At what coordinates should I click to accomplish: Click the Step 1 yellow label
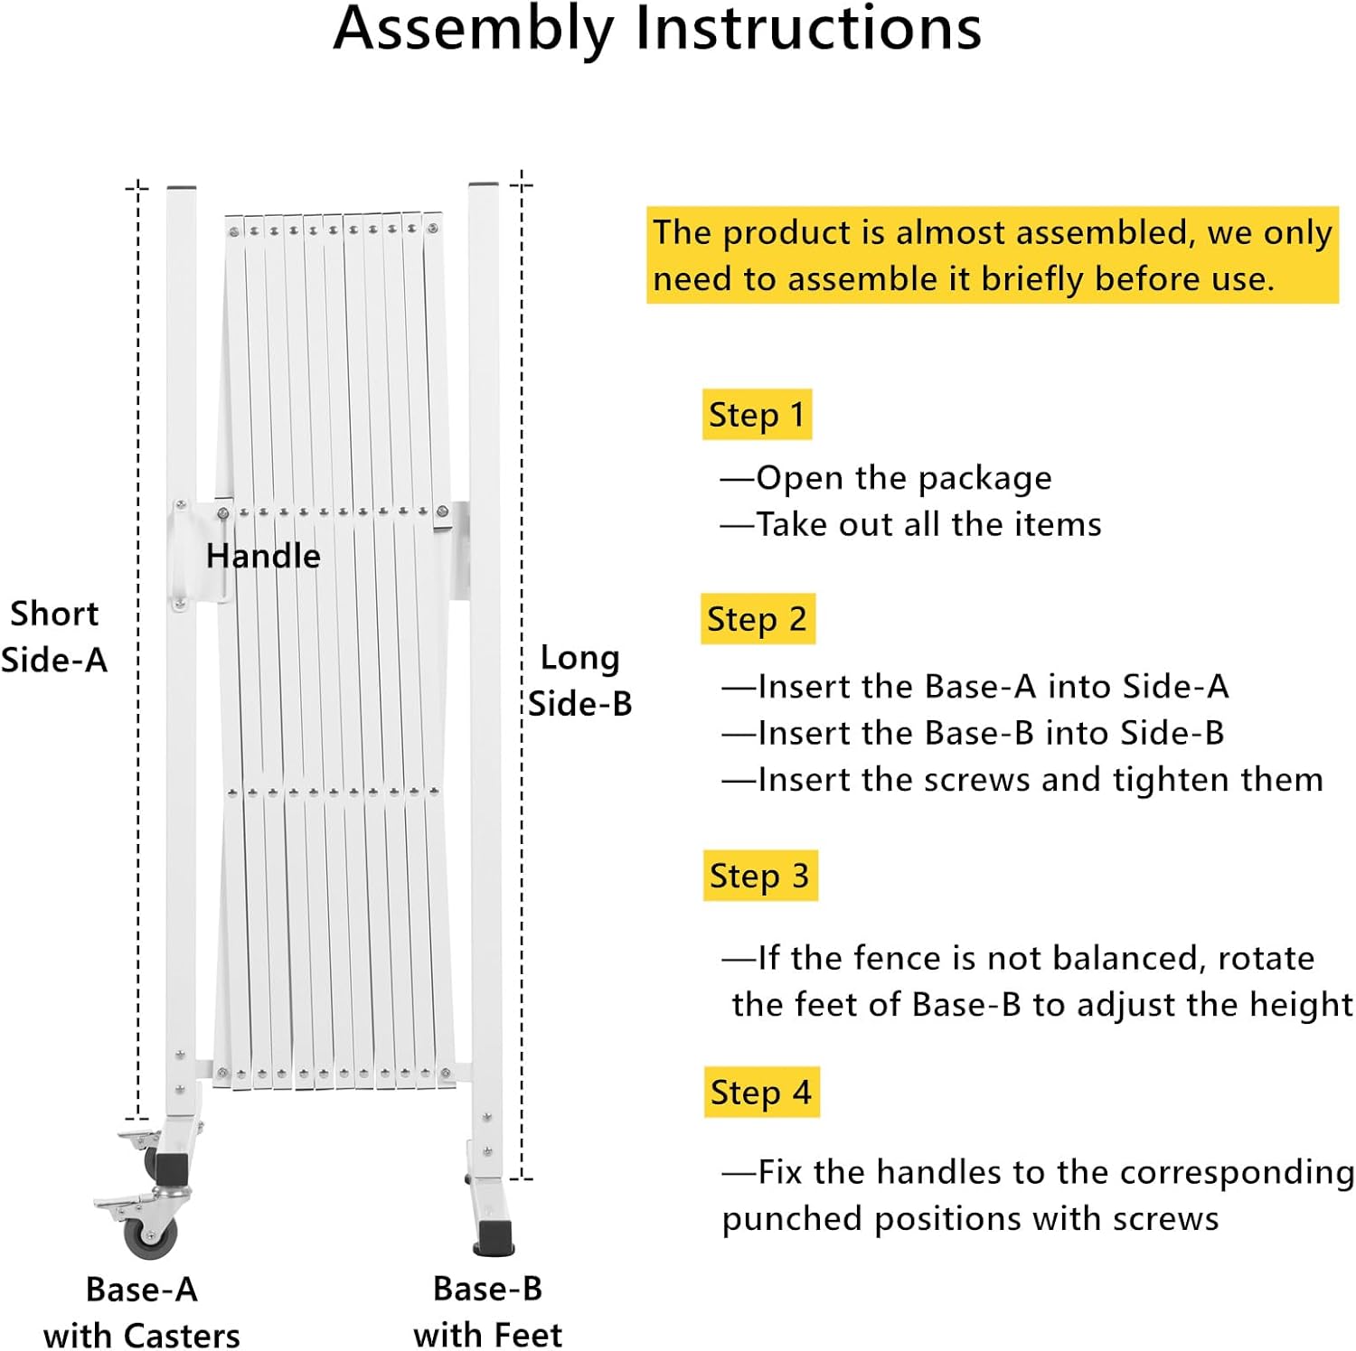point(757,415)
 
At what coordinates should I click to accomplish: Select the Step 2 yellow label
point(758,619)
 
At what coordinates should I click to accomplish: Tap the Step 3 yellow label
point(759,876)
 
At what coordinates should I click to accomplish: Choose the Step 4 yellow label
point(761,1093)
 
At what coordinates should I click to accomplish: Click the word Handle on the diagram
point(263,556)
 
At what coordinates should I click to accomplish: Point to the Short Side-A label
point(54,637)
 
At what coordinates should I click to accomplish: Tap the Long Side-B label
point(579,680)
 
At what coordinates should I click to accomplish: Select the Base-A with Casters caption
point(142,1312)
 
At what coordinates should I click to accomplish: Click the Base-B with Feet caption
point(487,1311)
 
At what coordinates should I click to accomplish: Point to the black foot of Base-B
point(494,1235)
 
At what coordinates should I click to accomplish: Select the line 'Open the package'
point(887,478)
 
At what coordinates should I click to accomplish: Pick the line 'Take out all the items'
point(911,524)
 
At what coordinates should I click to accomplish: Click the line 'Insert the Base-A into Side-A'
point(975,687)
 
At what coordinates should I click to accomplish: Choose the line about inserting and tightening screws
point(1022,780)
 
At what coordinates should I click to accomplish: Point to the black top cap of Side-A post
point(182,187)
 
